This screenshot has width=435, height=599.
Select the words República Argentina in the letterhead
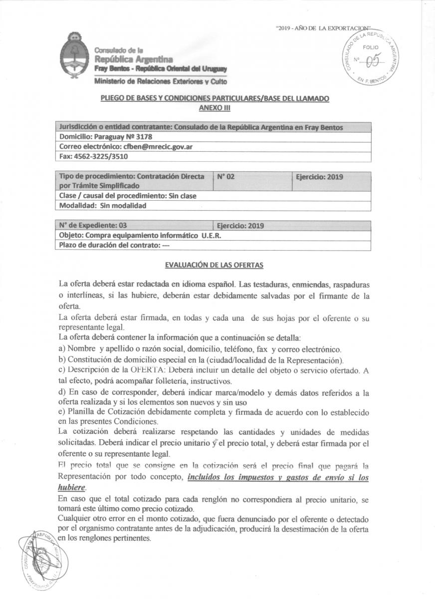pyautogui.click(x=132, y=59)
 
